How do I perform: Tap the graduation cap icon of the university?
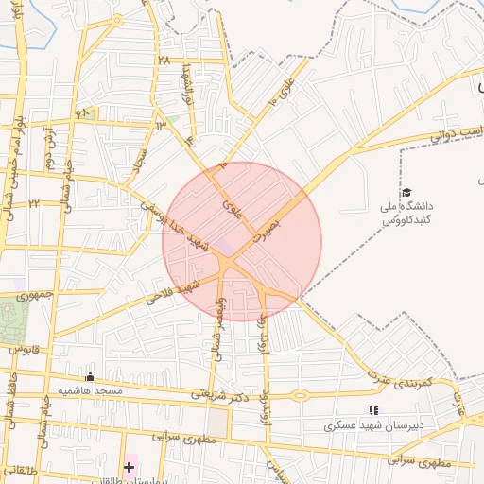[x=406, y=193]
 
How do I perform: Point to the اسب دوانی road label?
[x=457, y=133]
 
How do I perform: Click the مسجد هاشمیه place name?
[x=91, y=390]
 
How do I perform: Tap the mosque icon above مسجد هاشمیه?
[x=90, y=376]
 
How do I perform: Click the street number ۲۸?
[x=164, y=60]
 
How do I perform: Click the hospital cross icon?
[x=129, y=467]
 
